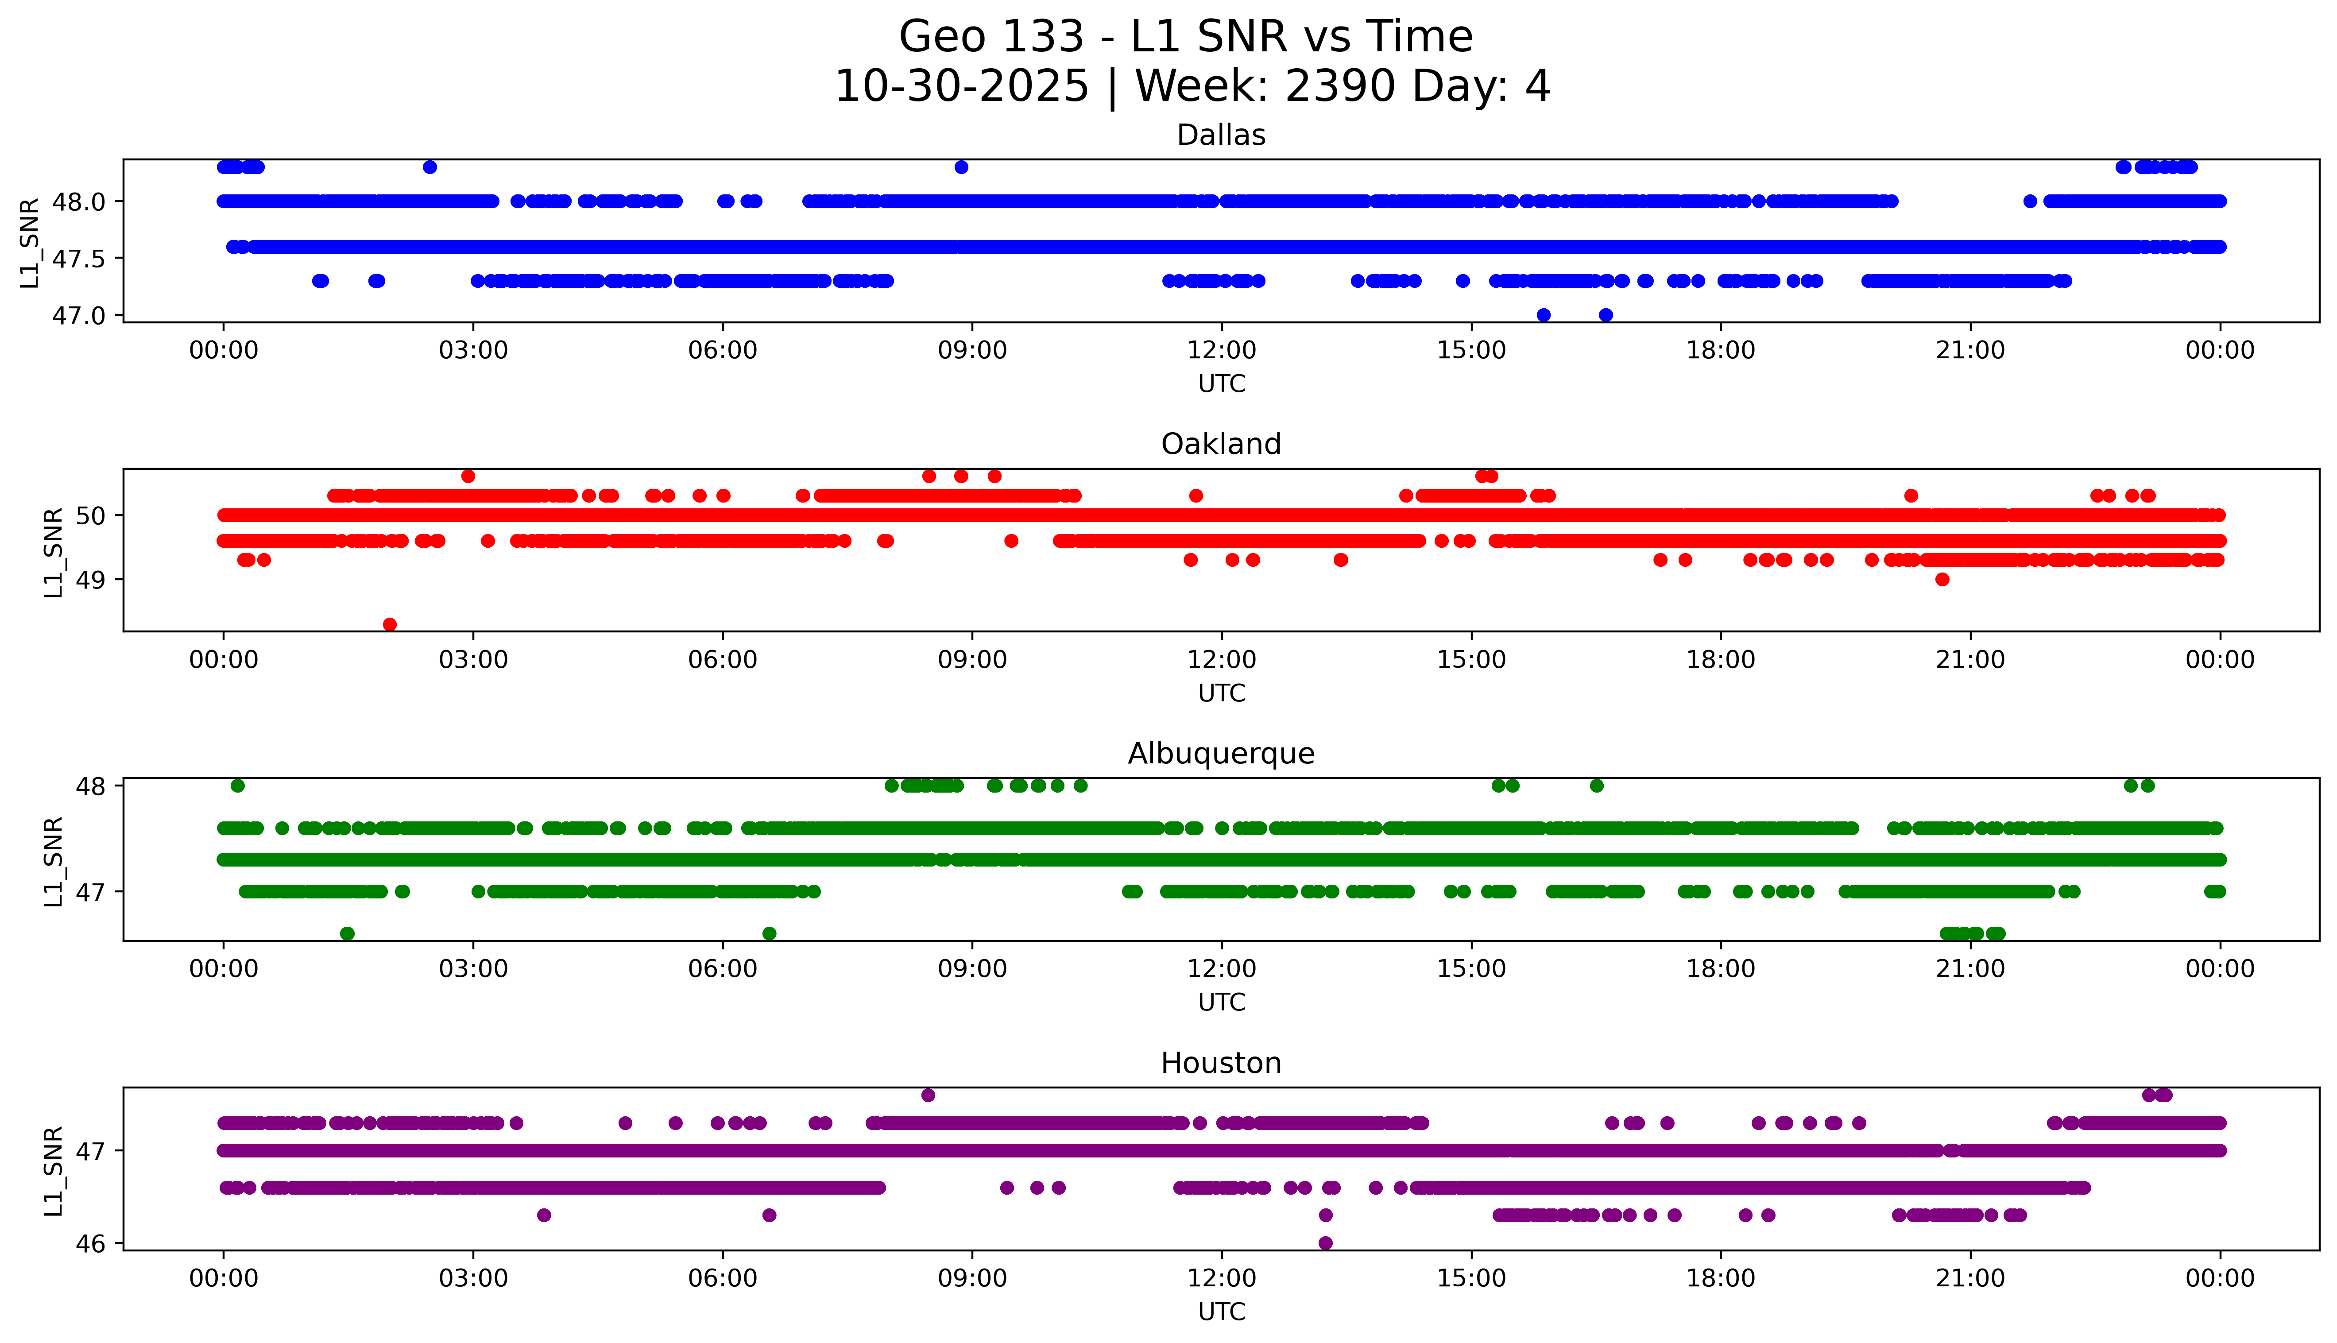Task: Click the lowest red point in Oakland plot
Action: [x=390, y=624]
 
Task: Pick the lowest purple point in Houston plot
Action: [x=1325, y=1243]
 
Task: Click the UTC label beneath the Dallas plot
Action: [x=1221, y=384]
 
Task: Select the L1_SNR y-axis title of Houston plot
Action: [x=54, y=1169]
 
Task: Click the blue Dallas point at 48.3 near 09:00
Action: [x=961, y=167]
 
